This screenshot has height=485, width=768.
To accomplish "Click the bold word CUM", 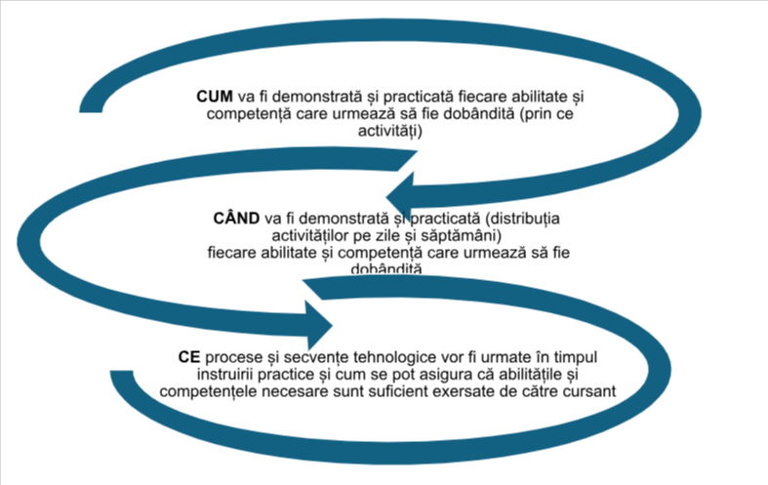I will pos(214,98).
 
